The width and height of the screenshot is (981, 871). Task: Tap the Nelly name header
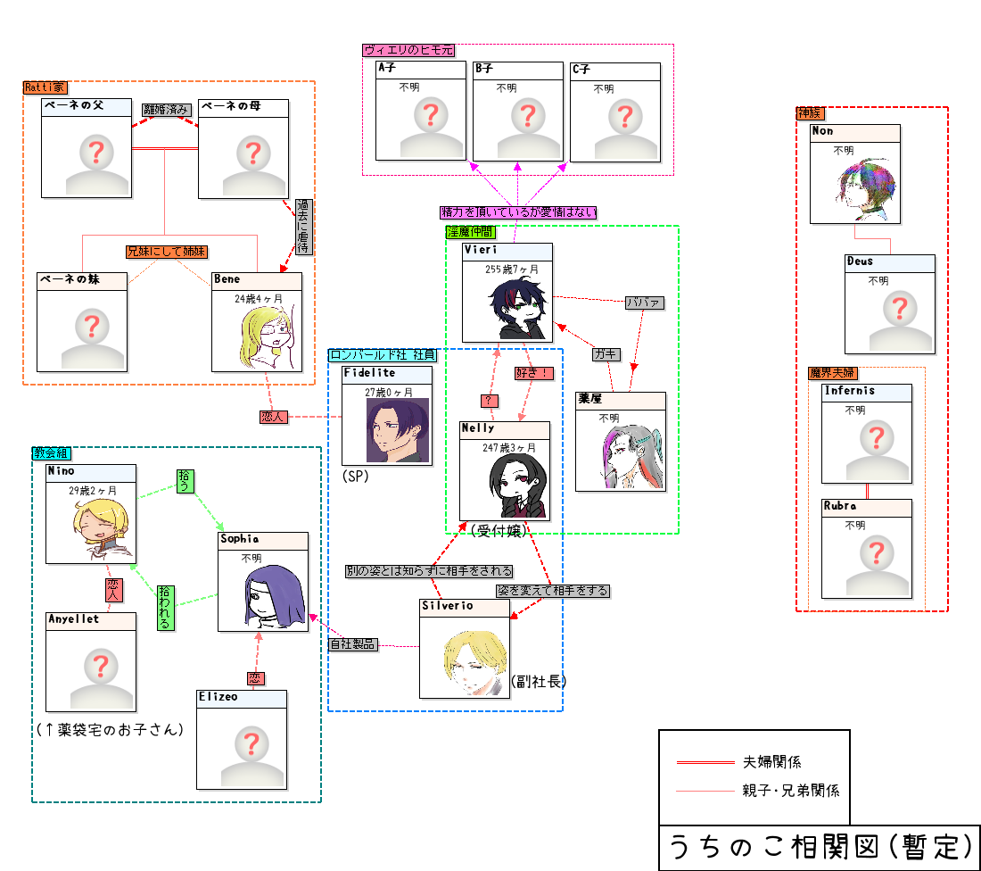click(504, 429)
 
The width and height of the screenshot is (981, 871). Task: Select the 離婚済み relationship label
click(167, 110)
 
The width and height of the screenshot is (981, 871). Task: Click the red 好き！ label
click(532, 373)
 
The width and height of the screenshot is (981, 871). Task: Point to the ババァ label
click(644, 303)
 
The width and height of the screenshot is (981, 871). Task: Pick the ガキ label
click(606, 354)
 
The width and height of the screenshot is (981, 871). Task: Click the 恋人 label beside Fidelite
click(274, 417)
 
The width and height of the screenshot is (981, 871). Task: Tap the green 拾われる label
click(165, 607)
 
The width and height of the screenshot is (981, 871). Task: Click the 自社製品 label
click(352, 644)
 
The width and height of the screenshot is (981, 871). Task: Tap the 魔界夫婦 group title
click(831, 373)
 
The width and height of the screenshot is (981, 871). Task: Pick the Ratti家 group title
click(45, 87)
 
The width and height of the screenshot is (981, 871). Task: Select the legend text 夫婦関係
click(771, 762)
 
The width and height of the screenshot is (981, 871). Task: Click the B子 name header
click(518, 69)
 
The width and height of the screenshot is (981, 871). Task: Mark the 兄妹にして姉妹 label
click(167, 253)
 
